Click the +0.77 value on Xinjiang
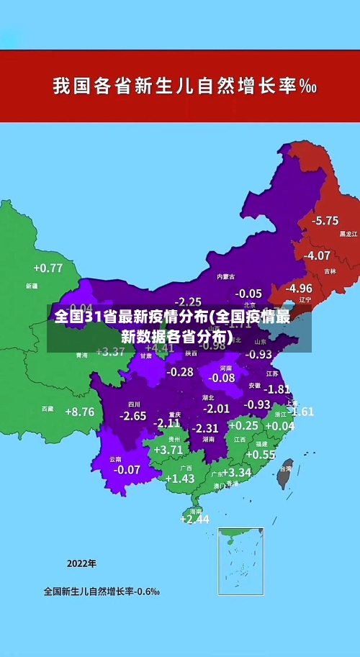(x=48, y=268)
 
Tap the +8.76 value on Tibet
(x=79, y=412)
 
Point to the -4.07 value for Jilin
(x=317, y=255)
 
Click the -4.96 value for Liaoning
(x=299, y=288)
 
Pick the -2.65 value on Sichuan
(x=132, y=416)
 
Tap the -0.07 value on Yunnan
(x=127, y=469)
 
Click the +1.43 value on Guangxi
(x=180, y=479)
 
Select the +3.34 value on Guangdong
(x=236, y=473)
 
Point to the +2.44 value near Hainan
(x=194, y=519)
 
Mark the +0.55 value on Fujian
(x=261, y=455)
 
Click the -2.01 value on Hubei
(x=216, y=408)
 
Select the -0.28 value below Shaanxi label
(x=180, y=372)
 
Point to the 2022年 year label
(x=81, y=563)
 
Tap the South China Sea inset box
(x=240, y=561)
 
